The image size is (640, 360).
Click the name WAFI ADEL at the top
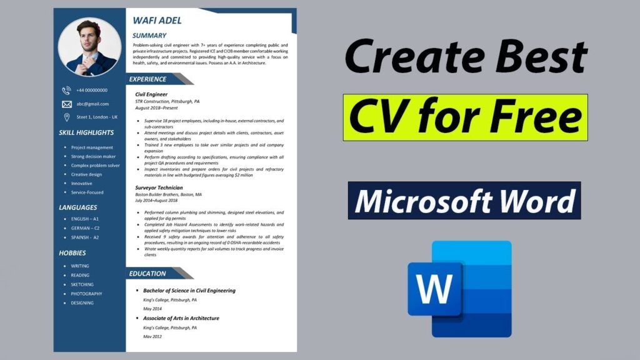point(157,21)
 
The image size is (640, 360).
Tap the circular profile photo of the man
point(89,47)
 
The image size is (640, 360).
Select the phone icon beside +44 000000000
point(67,91)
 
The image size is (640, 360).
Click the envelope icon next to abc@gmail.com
point(67,104)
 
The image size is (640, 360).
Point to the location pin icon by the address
point(67,117)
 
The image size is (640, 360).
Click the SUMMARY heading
point(149,36)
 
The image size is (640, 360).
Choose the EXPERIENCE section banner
point(148,79)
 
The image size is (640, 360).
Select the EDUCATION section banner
point(147,274)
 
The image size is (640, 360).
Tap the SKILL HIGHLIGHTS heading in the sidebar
point(86,132)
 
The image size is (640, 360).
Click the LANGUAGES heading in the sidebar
point(78,207)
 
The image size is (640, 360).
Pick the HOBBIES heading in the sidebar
point(72,253)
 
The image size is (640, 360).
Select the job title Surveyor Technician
point(159,187)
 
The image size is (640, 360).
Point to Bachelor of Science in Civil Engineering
point(189,291)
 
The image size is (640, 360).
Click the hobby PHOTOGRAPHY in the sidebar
point(86,294)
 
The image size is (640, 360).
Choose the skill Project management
point(92,147)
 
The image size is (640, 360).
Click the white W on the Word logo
point(434,289)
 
